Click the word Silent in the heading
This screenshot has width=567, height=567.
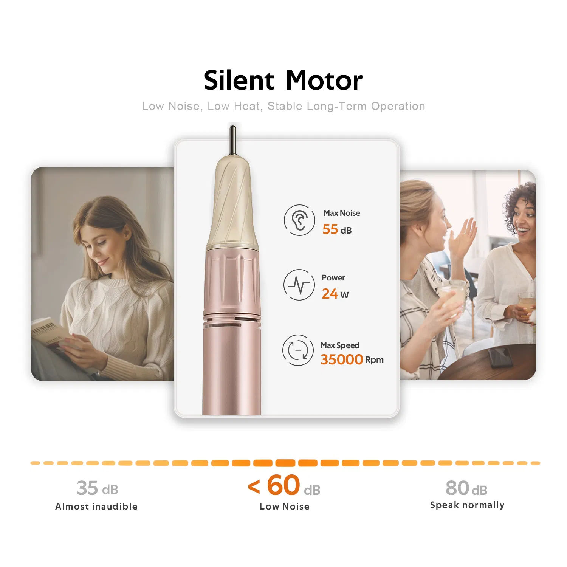239,81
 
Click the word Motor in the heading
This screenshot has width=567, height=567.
324,81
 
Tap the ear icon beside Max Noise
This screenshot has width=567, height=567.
299,220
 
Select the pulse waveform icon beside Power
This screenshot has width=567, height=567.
299,285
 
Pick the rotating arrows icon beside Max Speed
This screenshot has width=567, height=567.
298,350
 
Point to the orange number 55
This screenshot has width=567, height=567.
330,229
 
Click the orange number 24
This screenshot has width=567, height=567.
330,294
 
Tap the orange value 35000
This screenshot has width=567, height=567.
342,359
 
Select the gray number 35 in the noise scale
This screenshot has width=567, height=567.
87,488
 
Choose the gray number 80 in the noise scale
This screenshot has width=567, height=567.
457,488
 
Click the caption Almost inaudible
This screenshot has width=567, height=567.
96,507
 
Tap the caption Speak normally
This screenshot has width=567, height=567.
467,505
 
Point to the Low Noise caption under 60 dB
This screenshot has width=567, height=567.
285,507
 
